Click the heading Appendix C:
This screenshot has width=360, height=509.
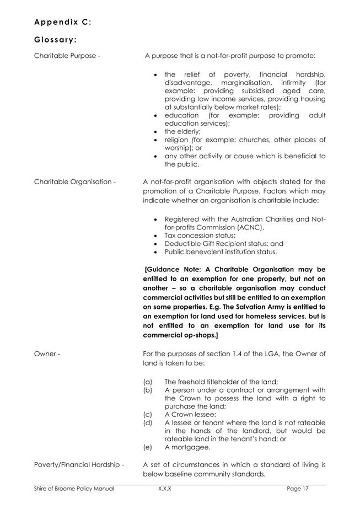pos(62,22)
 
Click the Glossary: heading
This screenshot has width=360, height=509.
pos(55,40)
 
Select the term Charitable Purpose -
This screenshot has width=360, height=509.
pos(67,56)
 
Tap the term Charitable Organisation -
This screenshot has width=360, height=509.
pos(75,182)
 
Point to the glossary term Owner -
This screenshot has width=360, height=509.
pos(47,353)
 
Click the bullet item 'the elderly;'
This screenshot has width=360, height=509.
pos(182,132)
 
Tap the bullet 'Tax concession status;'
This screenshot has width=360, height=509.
pos(198,235)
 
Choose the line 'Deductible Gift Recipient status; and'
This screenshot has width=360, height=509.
pos(224,244)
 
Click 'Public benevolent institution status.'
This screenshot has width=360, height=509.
pos(221,252)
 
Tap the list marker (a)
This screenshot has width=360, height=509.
pos(148,382)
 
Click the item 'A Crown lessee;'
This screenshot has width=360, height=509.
pos(190,414)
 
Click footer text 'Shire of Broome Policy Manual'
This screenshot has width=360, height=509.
pos(74,489)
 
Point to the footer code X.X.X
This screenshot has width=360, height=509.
pos(164,489)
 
